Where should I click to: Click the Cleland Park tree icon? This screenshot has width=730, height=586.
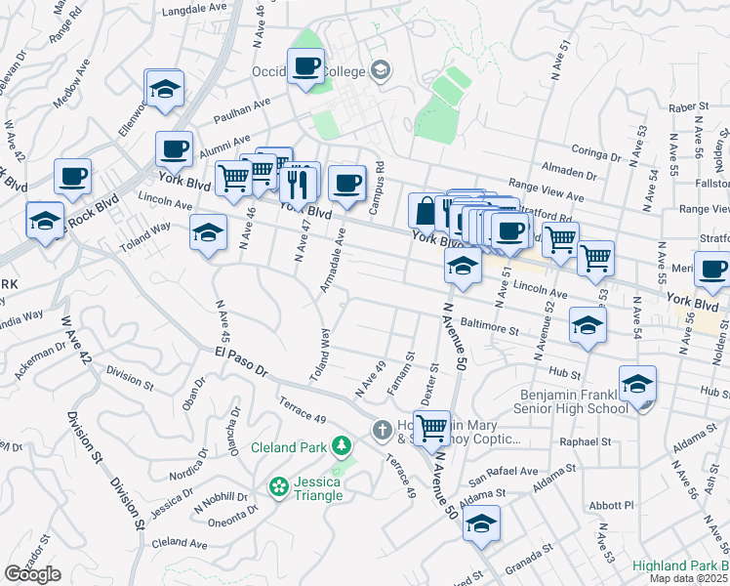point(341,447)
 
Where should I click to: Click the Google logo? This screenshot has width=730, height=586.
point(32,574)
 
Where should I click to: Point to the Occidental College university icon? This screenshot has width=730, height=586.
point(380,70)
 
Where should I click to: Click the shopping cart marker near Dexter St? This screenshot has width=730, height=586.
point(431,426)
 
